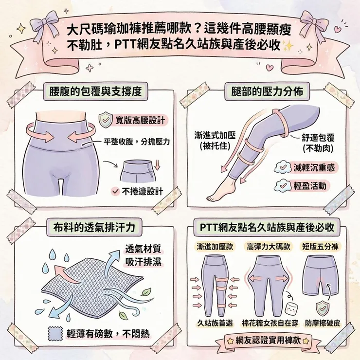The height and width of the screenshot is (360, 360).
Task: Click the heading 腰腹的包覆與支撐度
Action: click(x=95, y=91)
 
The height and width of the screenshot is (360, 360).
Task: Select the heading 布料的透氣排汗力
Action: click(x=95, y=227)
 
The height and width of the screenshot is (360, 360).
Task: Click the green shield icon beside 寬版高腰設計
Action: click(x=105, y=120)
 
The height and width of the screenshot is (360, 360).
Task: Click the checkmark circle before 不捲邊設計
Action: click(x=115, y=191)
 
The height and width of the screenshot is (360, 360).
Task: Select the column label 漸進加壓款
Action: click(x=215, y=246)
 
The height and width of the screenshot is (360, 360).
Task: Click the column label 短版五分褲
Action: click(x=320, y=246)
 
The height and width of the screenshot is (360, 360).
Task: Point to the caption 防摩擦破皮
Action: click(x=321, y=323)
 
